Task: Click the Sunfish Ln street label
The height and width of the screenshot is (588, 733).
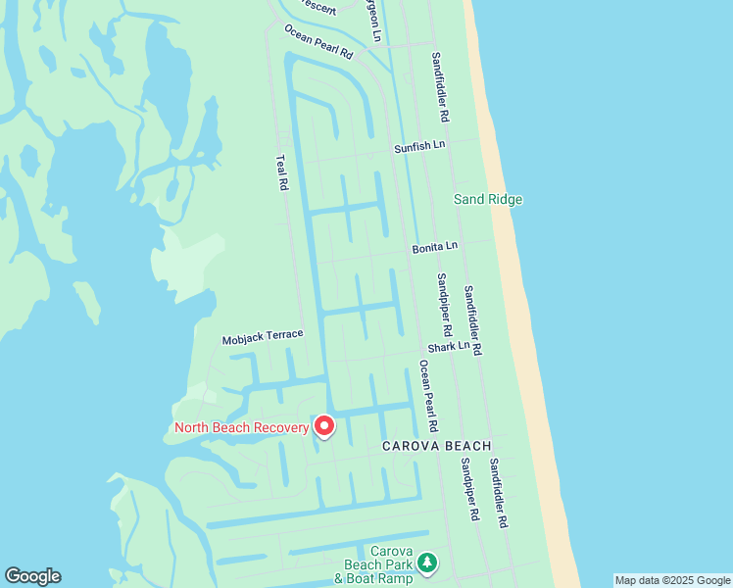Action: click(419, 147)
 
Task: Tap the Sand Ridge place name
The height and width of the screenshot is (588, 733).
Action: click(487, 200)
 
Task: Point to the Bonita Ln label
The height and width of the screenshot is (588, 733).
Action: click(434, 248)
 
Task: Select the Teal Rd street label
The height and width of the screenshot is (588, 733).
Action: click(282, 171)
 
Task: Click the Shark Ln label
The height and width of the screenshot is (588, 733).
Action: click(449, 347)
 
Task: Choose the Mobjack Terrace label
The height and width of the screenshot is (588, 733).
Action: click(263, 336)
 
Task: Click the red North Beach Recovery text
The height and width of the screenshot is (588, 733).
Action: click(241, 427)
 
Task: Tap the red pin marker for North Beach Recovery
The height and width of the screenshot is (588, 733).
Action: click(323, 426)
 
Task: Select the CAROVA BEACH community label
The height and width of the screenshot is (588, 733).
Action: click(436, 446)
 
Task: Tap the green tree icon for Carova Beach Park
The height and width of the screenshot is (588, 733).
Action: click(426, 563)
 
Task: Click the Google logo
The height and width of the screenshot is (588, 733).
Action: click(32, 576)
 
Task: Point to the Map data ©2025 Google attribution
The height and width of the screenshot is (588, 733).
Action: click(672, 580)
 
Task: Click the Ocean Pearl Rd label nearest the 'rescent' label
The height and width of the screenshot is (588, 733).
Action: click(318, 42)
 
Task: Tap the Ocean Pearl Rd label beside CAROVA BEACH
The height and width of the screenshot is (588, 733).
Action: click(428, 396)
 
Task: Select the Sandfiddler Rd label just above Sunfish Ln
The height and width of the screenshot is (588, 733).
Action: click(440, 86)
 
